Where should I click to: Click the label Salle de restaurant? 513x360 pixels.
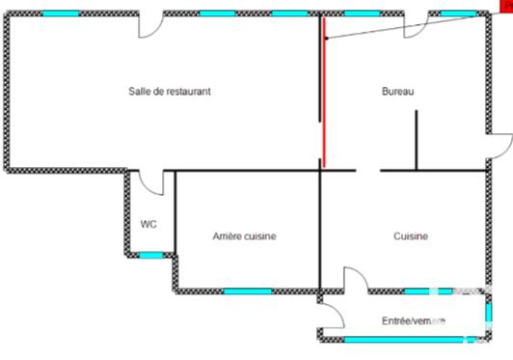click(170, 92)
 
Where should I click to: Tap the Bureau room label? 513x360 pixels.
click(397, 92)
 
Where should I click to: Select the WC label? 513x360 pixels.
click(148, 224)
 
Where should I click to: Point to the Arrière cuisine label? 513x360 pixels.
click(244, 235)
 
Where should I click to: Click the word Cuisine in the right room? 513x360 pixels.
click(411, 235)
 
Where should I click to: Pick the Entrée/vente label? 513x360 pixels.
click(413, 320)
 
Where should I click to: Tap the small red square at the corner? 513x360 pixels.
click(506, 5)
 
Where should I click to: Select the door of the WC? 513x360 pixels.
click(148, 181)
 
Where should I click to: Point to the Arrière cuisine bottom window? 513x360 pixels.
click(248, 291)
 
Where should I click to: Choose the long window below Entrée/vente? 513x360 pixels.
click(394, 339)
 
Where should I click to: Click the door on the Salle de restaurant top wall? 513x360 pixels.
click(152, 25)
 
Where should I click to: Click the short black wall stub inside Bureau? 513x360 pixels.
click(417, 141)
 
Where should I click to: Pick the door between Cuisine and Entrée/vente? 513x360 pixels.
click(356, 281)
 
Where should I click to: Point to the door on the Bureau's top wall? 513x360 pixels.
click(416, 25)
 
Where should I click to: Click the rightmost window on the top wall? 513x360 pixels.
click(459, 14)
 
